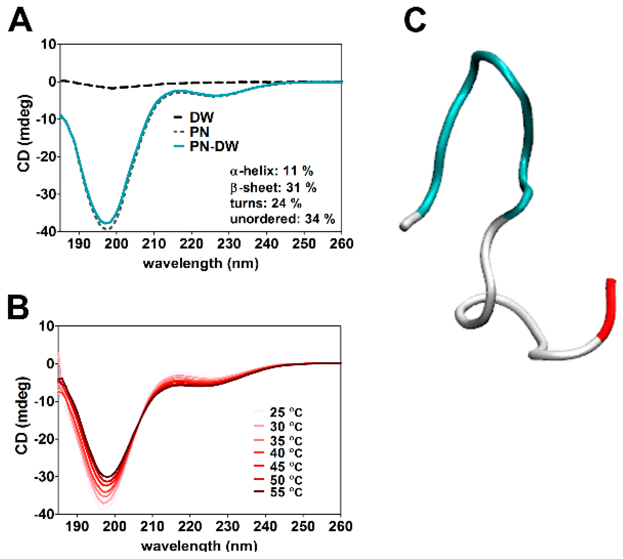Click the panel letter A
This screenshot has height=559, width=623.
[20, 21]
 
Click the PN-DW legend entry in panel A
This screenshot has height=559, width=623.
[213, 146]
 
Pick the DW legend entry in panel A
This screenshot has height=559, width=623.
[201, 117]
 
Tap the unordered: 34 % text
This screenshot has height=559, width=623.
[282, 219]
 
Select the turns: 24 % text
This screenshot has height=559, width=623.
[266, 203]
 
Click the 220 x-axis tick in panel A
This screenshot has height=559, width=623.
[191, 244]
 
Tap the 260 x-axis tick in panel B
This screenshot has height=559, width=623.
[340, 526]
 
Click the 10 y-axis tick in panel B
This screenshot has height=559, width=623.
[45, 326]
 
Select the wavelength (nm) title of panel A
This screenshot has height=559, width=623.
[201, 264]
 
